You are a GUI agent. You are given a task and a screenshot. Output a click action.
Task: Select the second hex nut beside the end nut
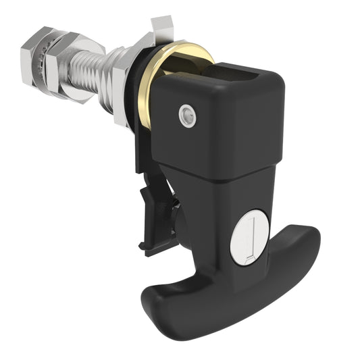pos(59,65)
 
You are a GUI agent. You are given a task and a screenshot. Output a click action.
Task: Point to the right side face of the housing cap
pos(270,128)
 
